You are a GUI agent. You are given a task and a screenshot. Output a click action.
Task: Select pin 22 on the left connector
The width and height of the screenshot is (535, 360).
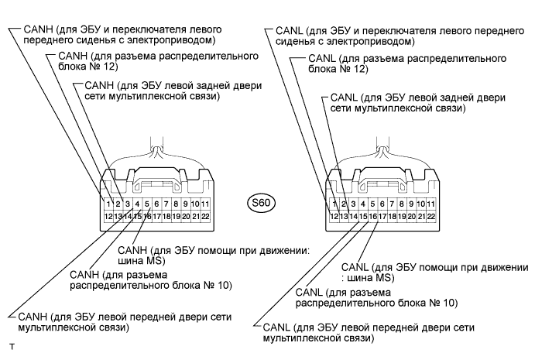point(207,216)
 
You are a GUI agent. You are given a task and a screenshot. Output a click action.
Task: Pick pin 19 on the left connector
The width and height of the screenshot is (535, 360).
point(177,216)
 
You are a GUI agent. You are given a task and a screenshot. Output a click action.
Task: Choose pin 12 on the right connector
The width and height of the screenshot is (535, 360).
point(334,216)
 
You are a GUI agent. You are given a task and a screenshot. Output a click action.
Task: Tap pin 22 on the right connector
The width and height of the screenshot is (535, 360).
point(432,216)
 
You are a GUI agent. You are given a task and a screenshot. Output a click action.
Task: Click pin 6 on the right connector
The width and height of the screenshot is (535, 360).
point(382,204)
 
